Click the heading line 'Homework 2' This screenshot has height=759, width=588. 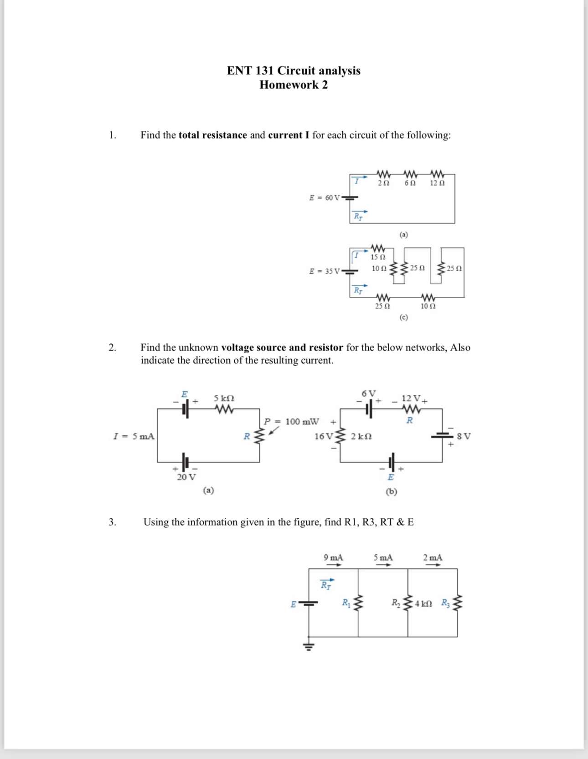(x=294, y=85)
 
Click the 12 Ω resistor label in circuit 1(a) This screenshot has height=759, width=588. (x=437, y=183)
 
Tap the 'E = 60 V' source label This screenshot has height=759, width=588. (x=325, y=198)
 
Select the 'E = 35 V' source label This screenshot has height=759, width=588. (x=325, y=271)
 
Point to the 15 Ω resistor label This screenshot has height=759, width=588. (x=378, y=258)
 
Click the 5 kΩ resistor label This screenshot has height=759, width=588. (x=224, y=398)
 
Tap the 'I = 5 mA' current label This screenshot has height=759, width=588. (x=134, y=436)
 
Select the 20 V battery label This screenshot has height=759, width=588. (x=186, y=477)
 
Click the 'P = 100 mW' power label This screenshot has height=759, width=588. (x=291, y=422)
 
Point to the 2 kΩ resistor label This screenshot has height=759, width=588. (x=361, y=437)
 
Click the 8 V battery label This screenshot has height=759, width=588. (x=464, y=436)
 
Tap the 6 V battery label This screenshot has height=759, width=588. (x=368, y=393)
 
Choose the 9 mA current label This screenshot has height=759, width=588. (x=333, y=558)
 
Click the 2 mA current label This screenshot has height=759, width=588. (x=432, y=558)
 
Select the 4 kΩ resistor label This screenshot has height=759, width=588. (x=423, y=604)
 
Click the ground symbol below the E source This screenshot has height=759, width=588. (x=309, y=646)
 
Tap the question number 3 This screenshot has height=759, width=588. (x=112, y=522)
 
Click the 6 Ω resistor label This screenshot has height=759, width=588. (x=410, y=183)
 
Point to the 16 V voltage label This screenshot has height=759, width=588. (x=323, y=437)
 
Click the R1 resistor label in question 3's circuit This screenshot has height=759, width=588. (x=346, y=603)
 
